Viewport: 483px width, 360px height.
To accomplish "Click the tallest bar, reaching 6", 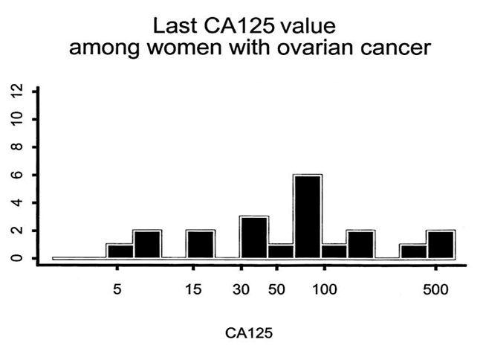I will coord(307,216).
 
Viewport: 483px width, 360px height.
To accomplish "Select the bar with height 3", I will coord(253,237).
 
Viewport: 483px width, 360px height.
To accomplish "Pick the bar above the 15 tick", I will coord(200,244).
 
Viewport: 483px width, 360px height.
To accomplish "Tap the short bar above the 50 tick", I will coord(280,251).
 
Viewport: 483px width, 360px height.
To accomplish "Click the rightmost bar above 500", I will coord(441,244).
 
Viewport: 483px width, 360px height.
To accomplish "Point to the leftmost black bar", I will coord(120,251).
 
